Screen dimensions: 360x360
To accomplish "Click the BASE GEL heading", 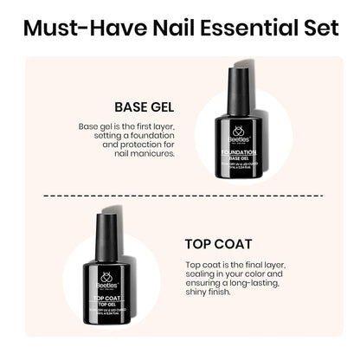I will (144, 108).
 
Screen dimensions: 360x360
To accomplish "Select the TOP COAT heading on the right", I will (219, 243).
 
